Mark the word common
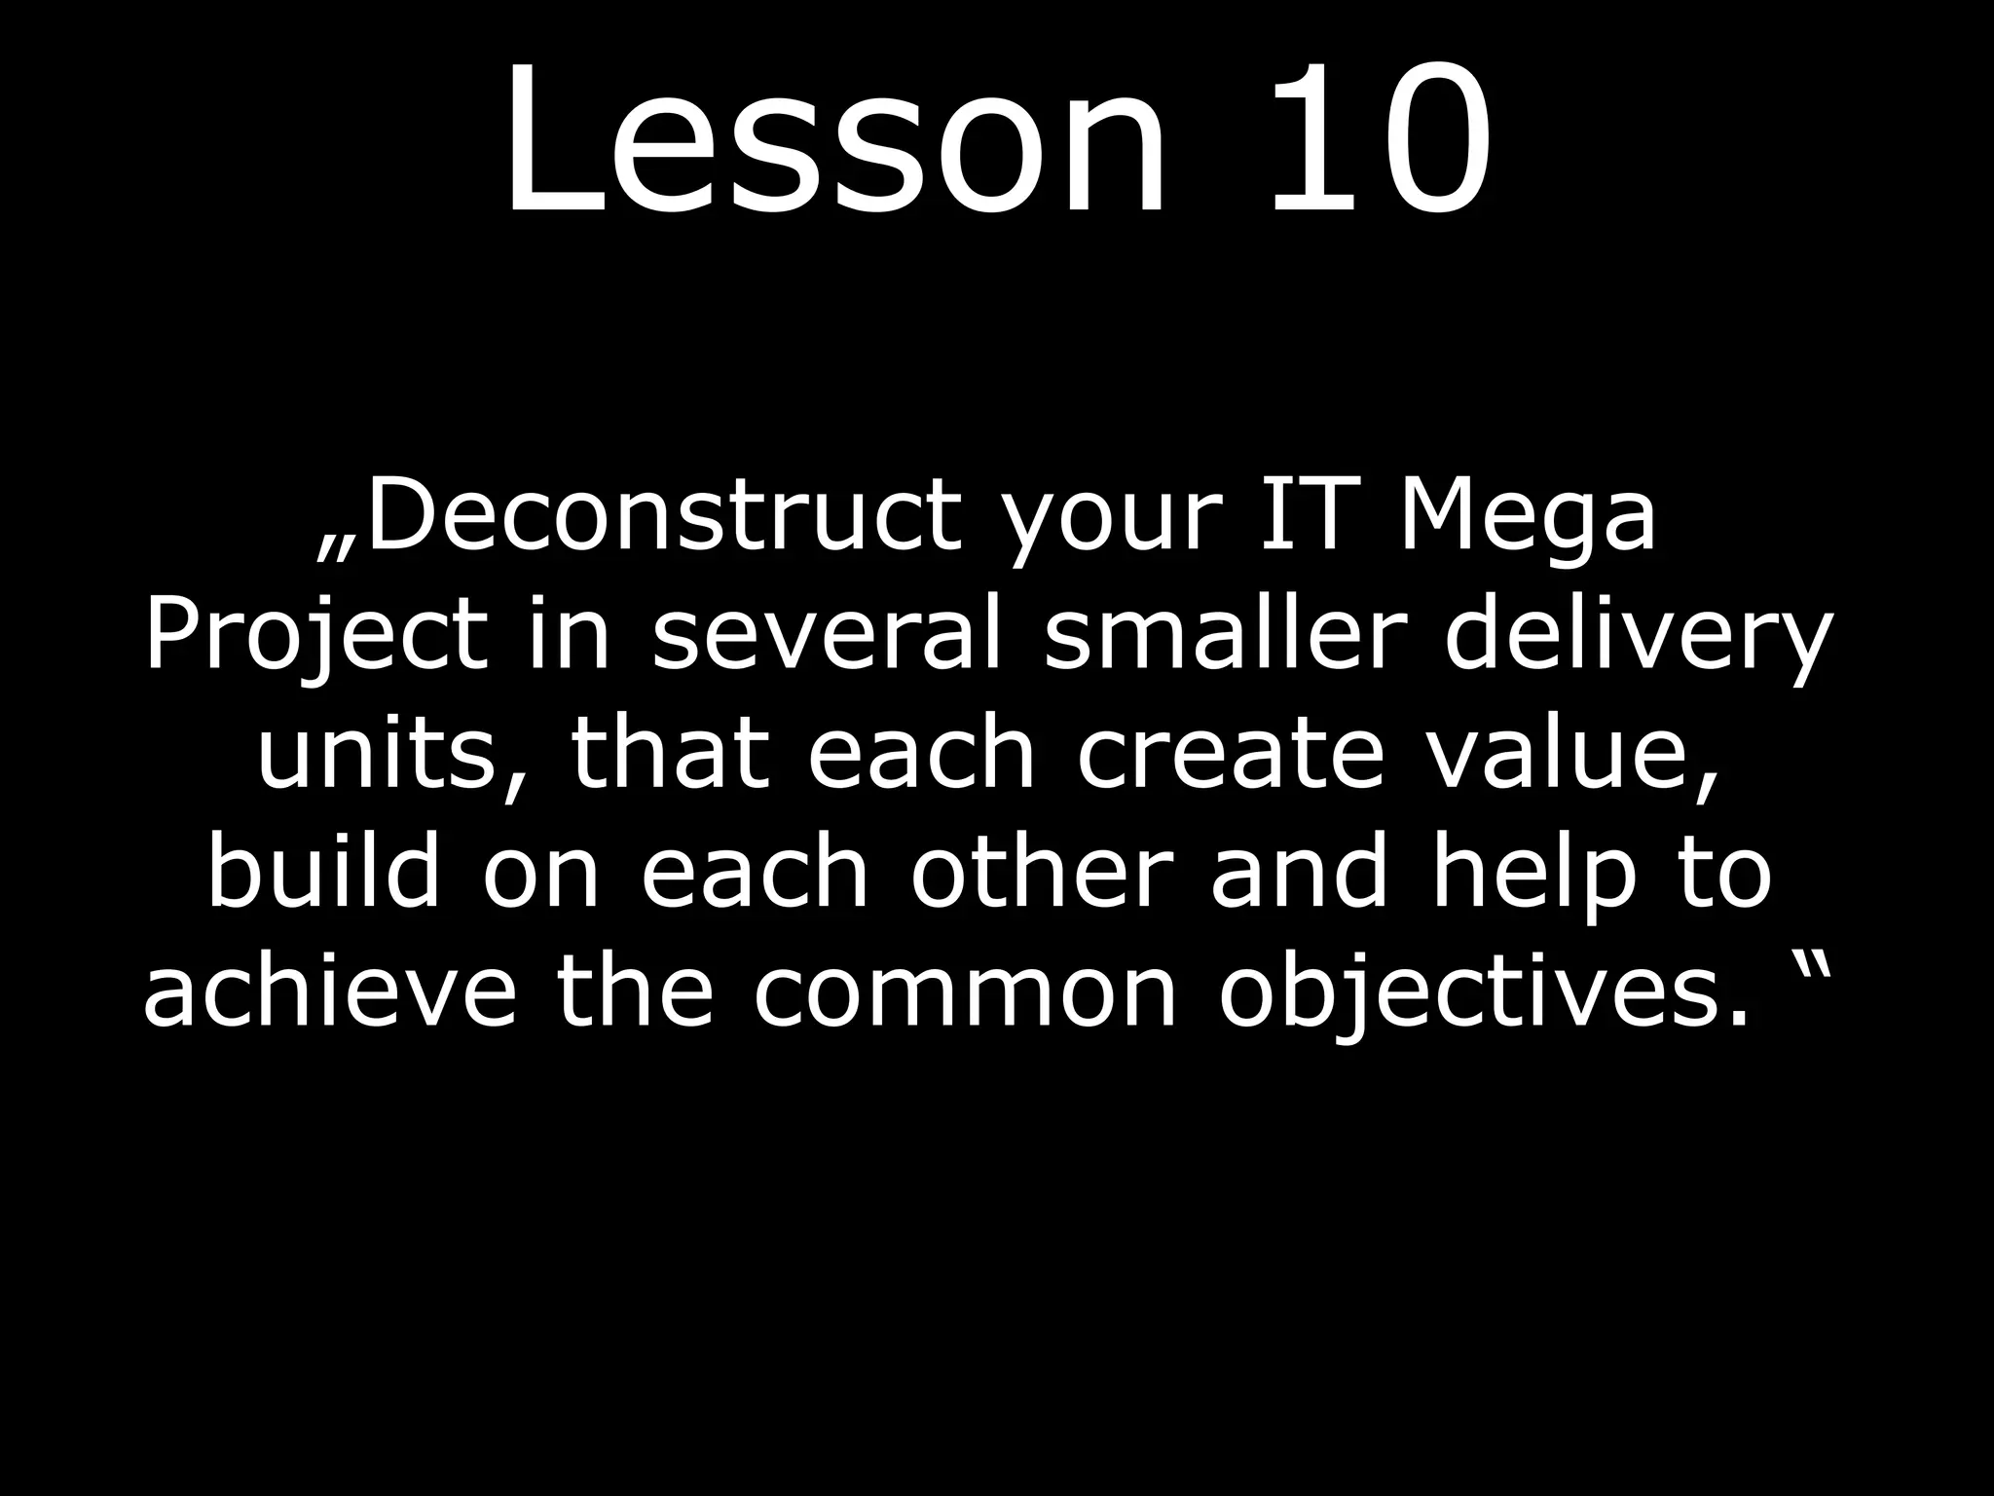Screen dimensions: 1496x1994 coord(965,993)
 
